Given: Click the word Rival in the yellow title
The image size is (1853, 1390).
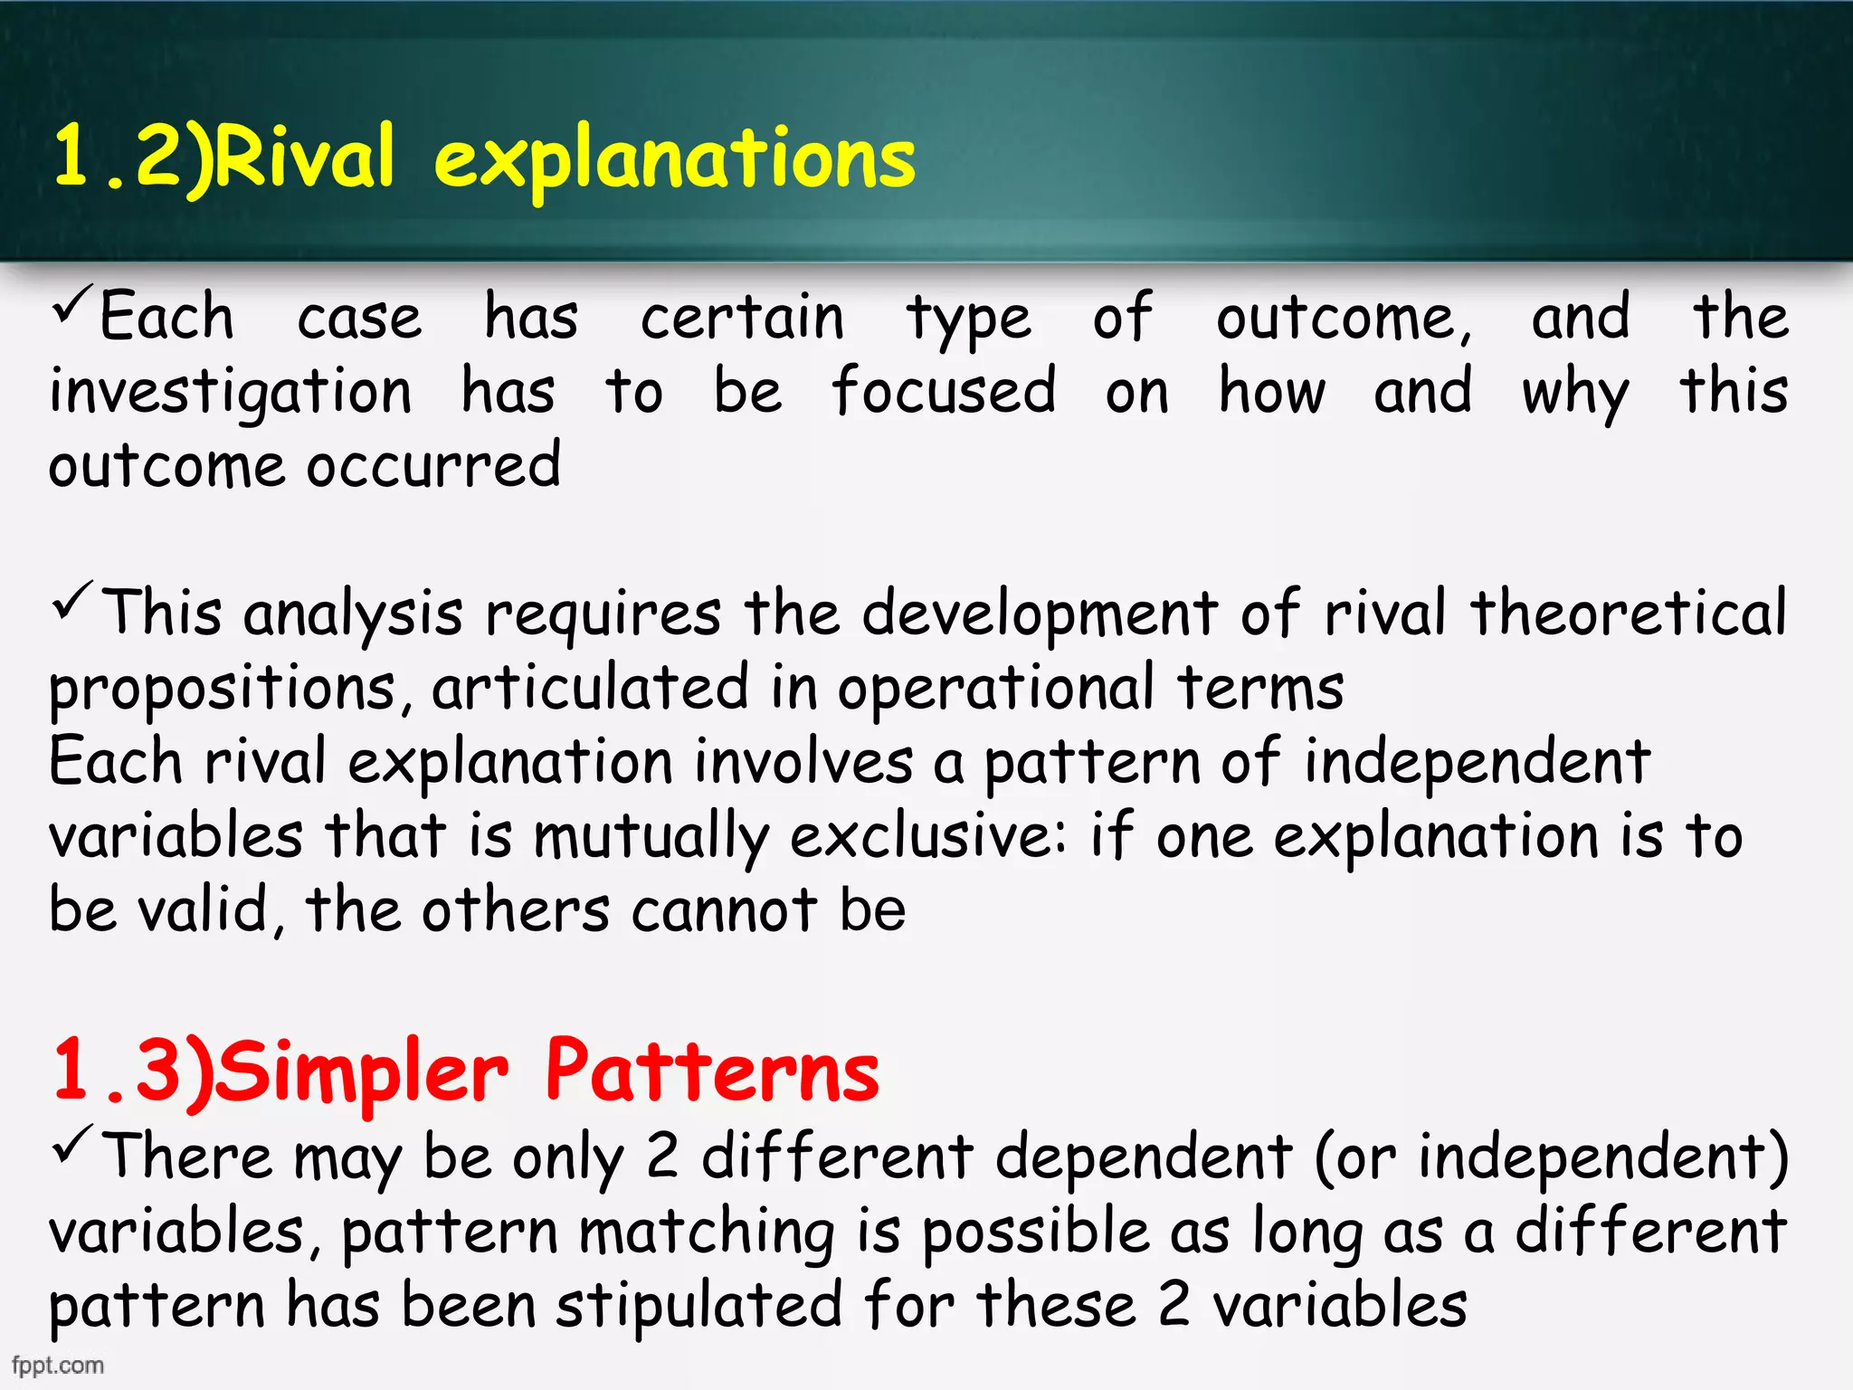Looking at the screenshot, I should pyautogui.click(x=305, y=158).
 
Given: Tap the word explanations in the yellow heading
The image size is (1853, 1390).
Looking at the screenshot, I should pyautogui.click(x=674, y=161).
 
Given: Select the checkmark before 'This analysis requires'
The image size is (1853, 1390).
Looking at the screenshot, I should pyautogui.click(x=72, y=601).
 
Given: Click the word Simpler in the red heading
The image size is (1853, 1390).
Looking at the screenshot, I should pyautogui.click(x=362, y=1073).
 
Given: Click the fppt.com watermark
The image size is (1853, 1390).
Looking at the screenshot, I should pyautogui.click(x=58, y=1365).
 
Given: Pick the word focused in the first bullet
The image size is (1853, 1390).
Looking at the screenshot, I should pyautogui.click(x=944, y=391).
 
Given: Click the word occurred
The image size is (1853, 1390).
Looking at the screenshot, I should pyautogui.click(x=433, y=465).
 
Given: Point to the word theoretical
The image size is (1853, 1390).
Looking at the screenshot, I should pyautogui.click(x=1628, y=613).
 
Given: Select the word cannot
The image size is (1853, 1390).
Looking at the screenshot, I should pyautogui.click(x=725, y=910).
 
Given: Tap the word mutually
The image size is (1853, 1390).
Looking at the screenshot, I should pyautogui.click(x=651, y=838).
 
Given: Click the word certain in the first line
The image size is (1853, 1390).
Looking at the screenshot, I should pyautogui.click(x=742, y=318).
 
